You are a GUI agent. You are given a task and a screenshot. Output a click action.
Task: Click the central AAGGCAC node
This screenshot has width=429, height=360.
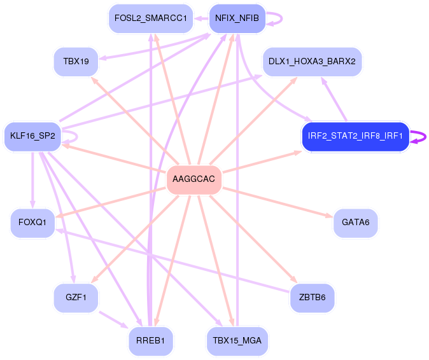tap(194, 179)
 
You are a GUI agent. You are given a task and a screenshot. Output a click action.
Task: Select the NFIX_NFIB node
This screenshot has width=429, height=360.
tap(237, 18)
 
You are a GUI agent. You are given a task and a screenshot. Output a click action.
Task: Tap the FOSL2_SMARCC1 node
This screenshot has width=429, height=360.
tap(150, 18)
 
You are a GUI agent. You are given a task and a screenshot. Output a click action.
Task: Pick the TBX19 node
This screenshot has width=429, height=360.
tap(76, 61)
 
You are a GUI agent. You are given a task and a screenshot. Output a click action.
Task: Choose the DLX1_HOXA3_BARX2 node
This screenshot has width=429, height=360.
tap(312, 61)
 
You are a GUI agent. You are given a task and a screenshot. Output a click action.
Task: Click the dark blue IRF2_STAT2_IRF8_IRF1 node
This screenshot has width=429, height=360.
tap(355, 136)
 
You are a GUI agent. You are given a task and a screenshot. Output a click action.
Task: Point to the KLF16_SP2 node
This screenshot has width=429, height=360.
tap(32, 136)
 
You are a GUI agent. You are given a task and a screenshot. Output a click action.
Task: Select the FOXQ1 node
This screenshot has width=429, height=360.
tap(32, 223)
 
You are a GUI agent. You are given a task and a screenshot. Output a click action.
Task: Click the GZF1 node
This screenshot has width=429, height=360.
tap(76, 297)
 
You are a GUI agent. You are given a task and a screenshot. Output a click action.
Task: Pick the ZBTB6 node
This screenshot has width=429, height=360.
tap(312, 297)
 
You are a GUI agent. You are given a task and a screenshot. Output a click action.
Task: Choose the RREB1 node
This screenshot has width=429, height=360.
tap(150, 340)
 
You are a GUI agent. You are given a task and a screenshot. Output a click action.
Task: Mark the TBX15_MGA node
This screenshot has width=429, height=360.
tap(237, 340)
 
